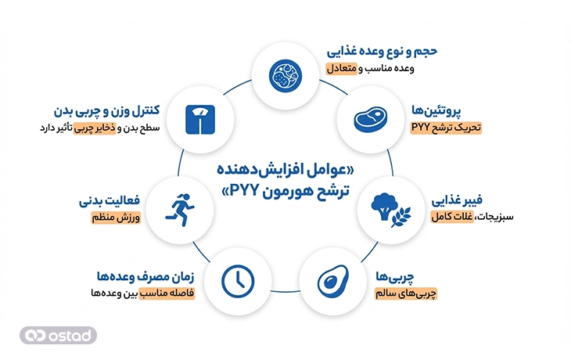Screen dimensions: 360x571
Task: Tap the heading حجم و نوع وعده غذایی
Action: (382, 51)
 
